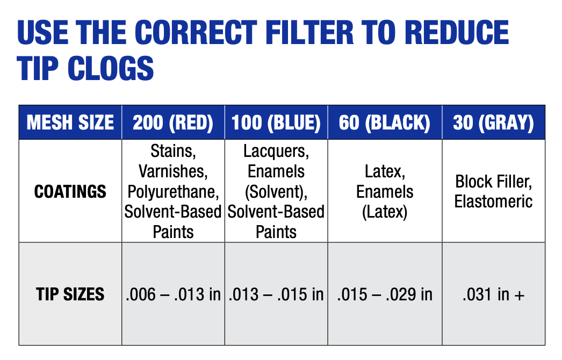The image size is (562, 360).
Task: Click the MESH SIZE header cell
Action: click(x=70, y=123)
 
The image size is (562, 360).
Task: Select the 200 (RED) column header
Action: click(x=173, y=123)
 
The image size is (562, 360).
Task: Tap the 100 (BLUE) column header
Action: click(x=276, y=123)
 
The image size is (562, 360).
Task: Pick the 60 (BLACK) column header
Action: click(x=385, y=123)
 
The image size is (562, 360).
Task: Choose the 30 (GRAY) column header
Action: click(x=493, y=123)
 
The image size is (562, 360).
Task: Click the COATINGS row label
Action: click(x=70, y=192)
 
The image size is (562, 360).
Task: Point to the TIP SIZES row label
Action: click(x=70, y=294)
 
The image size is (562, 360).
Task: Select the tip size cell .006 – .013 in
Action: click(x=173, y=294)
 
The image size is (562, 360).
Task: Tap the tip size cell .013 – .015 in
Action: click(x=276, y=294)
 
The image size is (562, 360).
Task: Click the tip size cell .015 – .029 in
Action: click(x=385, y=294)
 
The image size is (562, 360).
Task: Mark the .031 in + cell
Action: click(x=493, y=294)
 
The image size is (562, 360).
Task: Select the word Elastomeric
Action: click(x=493, y=201)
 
